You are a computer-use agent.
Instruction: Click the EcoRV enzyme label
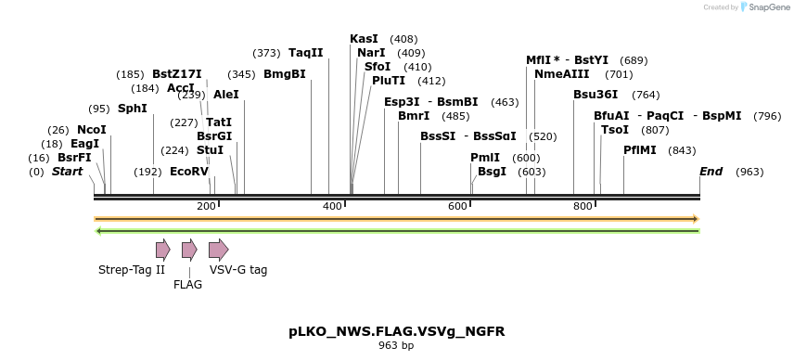(189, 172)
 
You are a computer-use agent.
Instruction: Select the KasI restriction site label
(364, 39)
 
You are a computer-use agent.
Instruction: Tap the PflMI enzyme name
(640, 150)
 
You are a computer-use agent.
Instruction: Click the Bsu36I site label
(595, 95)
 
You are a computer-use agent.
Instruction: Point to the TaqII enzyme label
(305, 53)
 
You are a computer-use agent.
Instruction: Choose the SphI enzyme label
(133, 109)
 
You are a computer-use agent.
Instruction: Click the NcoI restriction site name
(92, 130)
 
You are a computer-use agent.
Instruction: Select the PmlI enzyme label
(485, 158)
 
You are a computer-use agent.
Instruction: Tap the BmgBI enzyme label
(285, 74)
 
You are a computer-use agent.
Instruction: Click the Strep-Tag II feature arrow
(163, 249)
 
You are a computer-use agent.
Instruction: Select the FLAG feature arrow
(189, 249)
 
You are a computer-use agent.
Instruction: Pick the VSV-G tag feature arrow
(218, 249)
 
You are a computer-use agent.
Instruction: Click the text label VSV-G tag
(238, 270)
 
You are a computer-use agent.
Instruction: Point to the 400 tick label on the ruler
(332, 206)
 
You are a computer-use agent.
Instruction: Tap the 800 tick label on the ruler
(583, 206)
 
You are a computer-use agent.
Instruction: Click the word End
(711, 172)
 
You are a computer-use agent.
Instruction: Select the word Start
(67, 172)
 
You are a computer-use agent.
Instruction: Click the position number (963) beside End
(749, 173)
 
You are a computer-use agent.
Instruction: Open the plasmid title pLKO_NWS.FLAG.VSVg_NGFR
(396, 330)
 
